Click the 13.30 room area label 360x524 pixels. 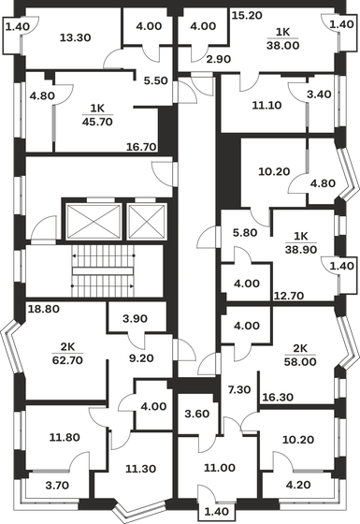pos(74,38)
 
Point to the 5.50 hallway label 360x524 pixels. pos(156,81)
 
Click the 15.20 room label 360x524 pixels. pos(246,16)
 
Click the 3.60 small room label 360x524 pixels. pos(195,414)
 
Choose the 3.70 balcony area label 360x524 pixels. pos(56,485)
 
